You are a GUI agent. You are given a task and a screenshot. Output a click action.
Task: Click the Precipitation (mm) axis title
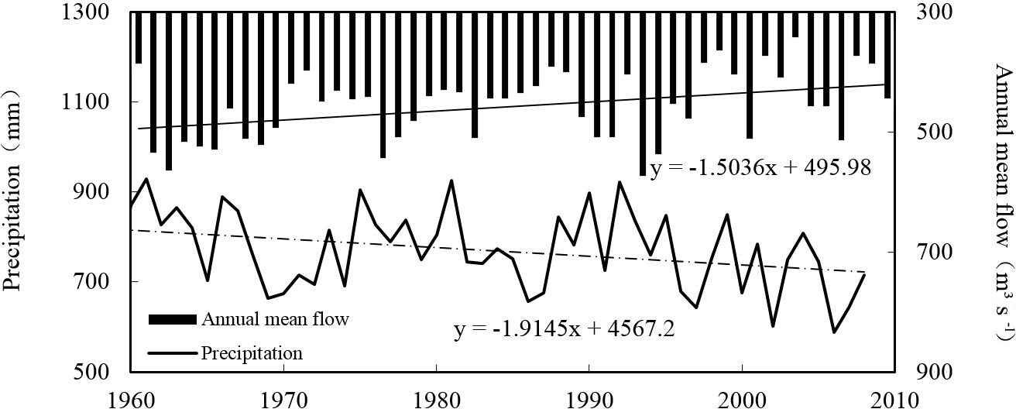point(13,192)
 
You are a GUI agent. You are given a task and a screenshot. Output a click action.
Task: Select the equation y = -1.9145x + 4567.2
point(564,328)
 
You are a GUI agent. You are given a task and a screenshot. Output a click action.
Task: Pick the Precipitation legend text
point(252,353)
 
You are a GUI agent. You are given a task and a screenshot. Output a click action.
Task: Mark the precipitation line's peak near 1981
point(451,180)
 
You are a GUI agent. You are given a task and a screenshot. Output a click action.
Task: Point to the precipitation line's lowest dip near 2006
point(834,332)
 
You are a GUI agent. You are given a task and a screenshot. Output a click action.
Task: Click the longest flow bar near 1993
point(642,93)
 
